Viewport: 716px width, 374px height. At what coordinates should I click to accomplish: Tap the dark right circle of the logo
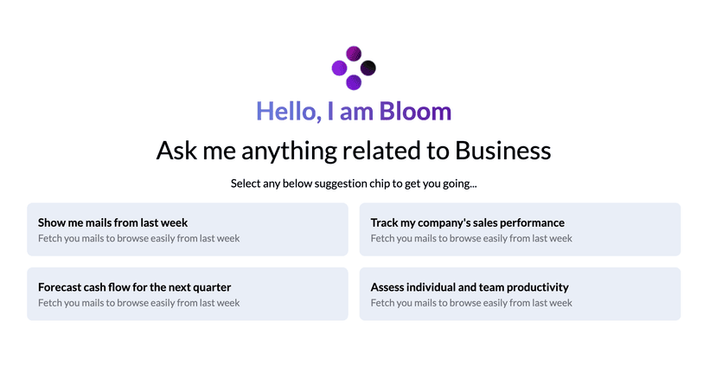pos(368,68)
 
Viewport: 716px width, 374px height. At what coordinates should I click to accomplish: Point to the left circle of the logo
pos(340,68)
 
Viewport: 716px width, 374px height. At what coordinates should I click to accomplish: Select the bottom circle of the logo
pos(354,82)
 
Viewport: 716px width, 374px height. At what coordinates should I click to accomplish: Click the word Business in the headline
pos(502,151)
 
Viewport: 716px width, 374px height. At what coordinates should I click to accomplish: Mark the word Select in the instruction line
pos(247,184)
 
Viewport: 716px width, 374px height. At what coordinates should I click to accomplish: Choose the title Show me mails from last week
pos(113,222)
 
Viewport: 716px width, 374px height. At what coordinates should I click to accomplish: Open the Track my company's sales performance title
pos(467,222)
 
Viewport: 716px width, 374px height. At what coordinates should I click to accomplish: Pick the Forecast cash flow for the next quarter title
pos(135,287)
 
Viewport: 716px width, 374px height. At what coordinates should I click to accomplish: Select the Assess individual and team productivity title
pos(470,287)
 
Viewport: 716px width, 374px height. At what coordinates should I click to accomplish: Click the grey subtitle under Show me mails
pos(139,238)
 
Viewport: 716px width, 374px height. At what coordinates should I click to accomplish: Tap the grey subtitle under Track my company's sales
pos(471,238)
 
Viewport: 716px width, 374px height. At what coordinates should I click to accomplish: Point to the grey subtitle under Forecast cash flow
pos(139,303)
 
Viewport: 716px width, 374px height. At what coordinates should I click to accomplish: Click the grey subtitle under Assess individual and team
pos(471,303)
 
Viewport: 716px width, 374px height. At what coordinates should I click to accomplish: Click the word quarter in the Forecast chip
pos(210,287)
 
